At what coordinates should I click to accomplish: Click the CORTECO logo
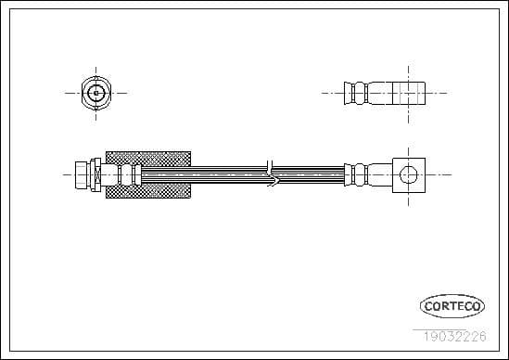pyautogui.click(x=452, y=304)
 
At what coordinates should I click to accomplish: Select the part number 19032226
pyautogui.click(x=452, y=337)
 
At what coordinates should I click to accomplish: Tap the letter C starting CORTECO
pyautogui.click(x=428, y=304)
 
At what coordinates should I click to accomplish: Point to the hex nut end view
pyautogui.click(x=96, y=92)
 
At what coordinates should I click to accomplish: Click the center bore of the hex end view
pyautogui.click(x=96, y=92)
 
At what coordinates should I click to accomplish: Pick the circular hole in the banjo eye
pyautogui.click(x=406, y=173)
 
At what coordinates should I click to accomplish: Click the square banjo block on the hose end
pyautogui.click(x=406, y=173)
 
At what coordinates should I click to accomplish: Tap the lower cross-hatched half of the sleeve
pyautogui.click(x=148, y=188)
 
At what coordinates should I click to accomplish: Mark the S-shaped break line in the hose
pyautogui.click(x=270, y=173)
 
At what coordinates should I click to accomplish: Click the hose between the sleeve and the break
pyautogui.click(x=227, y=173)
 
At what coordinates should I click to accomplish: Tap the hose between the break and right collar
pyautogui.click(x=311, y=173)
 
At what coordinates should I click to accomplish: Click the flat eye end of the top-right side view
pyautogui.click(x=408, y=93)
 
